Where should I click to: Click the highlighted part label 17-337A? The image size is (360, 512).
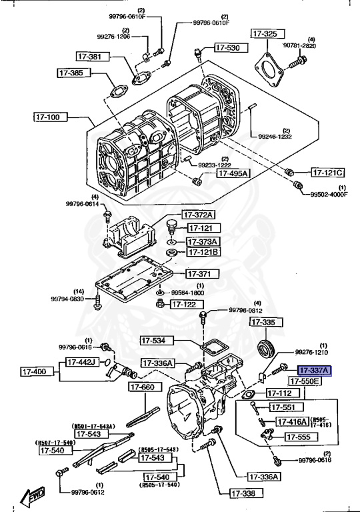[x=314, y=371]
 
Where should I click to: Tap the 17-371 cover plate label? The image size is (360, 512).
[x=198, y=274]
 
